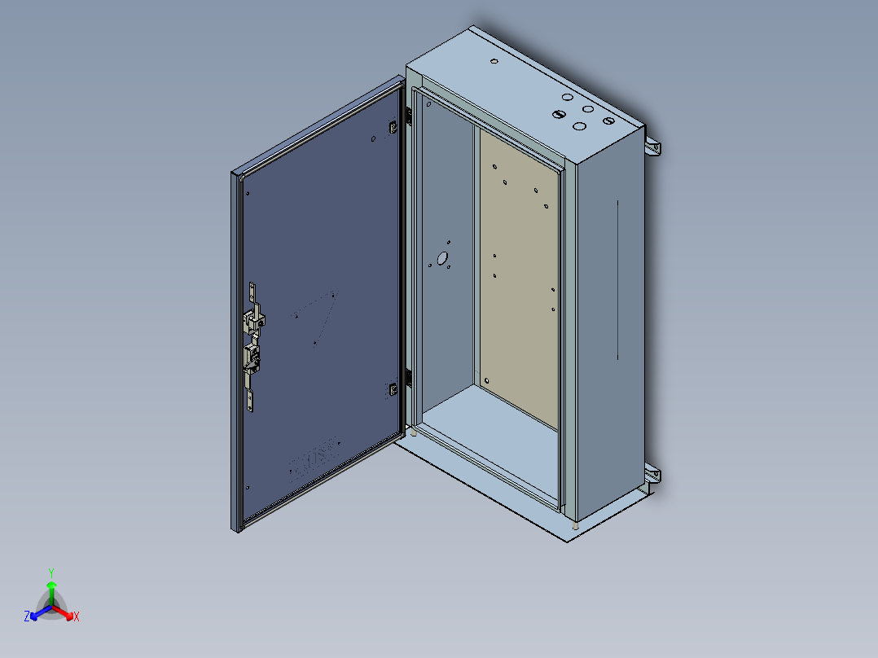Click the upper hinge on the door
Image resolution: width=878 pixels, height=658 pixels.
[x=392, y=127]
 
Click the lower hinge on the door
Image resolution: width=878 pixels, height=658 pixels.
[x=392, y=390]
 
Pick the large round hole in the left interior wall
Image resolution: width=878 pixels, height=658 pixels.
[x=443, y=259]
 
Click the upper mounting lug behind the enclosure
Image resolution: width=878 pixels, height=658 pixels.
[x=654, y=147]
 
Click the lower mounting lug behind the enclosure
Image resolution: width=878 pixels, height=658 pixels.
[x=652, y=476]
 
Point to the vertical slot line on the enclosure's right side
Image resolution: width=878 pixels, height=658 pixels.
[x=618, y=280]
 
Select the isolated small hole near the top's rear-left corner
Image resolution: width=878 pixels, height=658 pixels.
[x=494, y=62]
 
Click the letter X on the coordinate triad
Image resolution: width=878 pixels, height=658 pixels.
[x=77, y=617]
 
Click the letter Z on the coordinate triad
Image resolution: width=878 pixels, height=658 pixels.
[x=27, y=617]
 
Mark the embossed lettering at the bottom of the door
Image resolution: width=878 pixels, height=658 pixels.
[x=314, y=460]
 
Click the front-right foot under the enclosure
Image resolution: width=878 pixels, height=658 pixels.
[x=577, y=525]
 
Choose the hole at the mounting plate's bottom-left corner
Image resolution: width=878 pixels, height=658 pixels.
[x=487, y=380]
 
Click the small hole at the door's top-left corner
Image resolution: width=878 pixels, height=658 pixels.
[x=248, y=194]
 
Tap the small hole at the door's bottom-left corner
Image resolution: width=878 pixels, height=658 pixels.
[x=247, y=488]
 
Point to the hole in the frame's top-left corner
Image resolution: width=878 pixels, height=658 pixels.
[x=428, y=104]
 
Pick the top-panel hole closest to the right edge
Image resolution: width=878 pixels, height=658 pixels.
[x=608, y=121]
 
